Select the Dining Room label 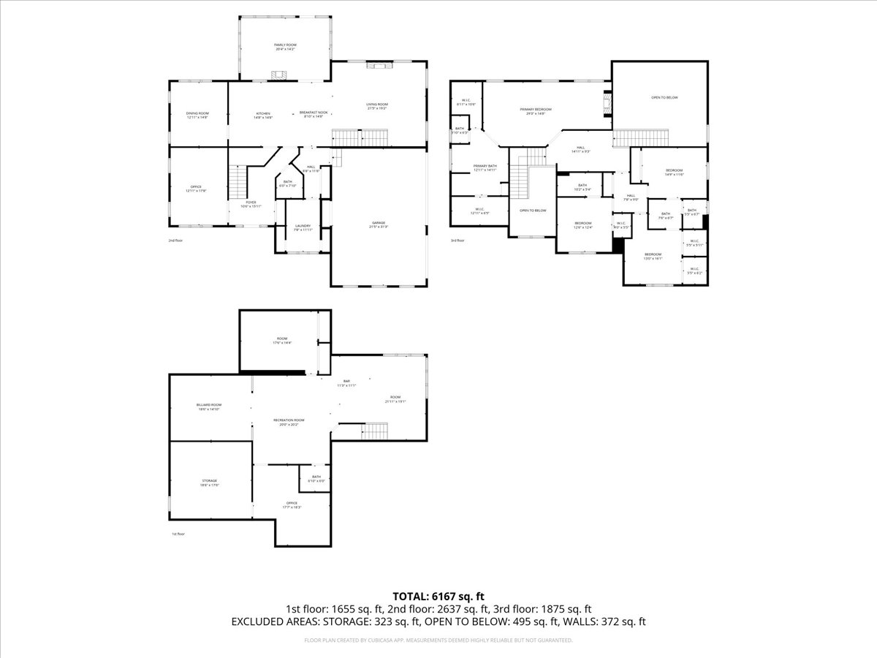pyautogui.click(x=197, y=115)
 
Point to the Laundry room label pyautogui.click(x=303, y=227)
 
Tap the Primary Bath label pyautogui.click(x=485, y=167)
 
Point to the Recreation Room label pyautogui.click(x=289, y=421)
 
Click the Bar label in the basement pyautogui.click(x=346, y=382)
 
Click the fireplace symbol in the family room pyautogui.click(x=278, y=75)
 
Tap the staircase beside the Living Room pyautogui.click(x=359, y=137)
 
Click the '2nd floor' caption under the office pyautogui.click(x=176, y=240)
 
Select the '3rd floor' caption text pyautogui.click(x=457, y=240)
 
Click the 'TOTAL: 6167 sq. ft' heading pyautogui.click(x=438, y=596)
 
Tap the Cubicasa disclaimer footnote pyautogui.click(x=438, y=640)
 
